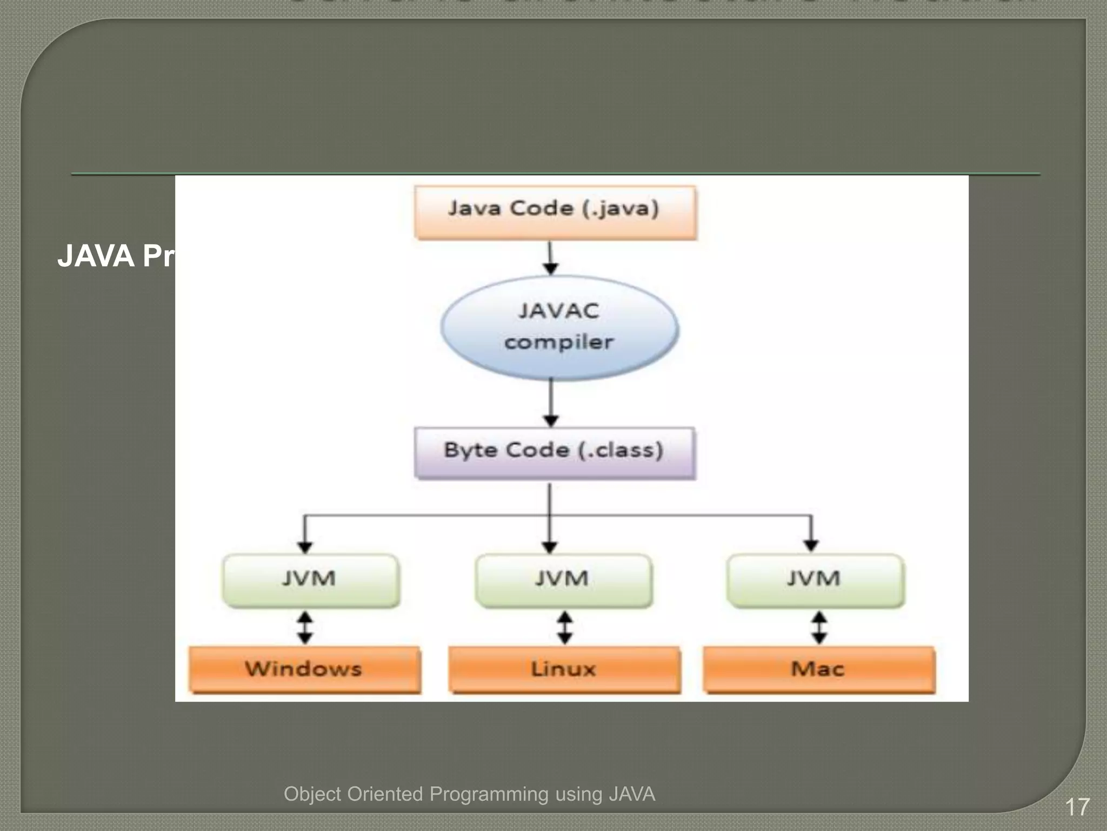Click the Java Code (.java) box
555,212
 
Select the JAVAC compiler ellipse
559,327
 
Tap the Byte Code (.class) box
555,453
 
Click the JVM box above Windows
311,580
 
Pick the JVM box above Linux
563,580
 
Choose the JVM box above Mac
815,580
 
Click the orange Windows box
304,669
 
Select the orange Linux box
564,669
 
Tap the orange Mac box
818,669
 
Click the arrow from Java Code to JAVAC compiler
550,258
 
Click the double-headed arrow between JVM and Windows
305,628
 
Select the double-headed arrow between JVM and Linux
565,628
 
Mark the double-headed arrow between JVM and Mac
819,628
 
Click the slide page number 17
1077,807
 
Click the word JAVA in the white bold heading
96,256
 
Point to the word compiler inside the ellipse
559,342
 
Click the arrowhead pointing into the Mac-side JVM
811,545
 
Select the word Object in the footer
312,794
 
